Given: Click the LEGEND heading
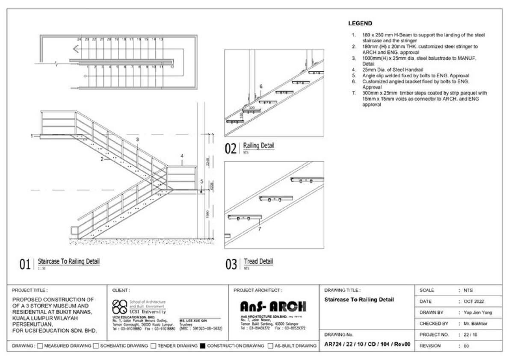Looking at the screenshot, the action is (x=360, y=24).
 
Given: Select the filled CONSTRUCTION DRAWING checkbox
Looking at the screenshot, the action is (x=203, y=345).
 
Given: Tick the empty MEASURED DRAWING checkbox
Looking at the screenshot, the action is (x=40, y=345).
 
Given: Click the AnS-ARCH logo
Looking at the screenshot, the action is (x=273, y=307).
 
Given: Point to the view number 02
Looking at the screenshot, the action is (x=231, y=149).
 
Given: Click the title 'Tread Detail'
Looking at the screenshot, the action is (x=258, y=261).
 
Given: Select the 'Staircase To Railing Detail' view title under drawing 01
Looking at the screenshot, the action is (x=69, y=261).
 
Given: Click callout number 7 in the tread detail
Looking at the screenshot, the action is (x=259, y=229).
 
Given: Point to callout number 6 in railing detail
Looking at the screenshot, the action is (x=260, y=86).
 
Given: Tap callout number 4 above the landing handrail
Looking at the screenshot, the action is (x=182, y=156).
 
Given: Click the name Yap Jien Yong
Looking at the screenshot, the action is (x=478, y=313).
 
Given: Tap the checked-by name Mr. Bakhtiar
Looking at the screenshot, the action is (x=476, y=324).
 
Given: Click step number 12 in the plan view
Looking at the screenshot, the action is (x=172, y=67).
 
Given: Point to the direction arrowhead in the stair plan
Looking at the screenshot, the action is (x=76, y=49).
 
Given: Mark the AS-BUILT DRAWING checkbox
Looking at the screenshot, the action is (x=270, y=345).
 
